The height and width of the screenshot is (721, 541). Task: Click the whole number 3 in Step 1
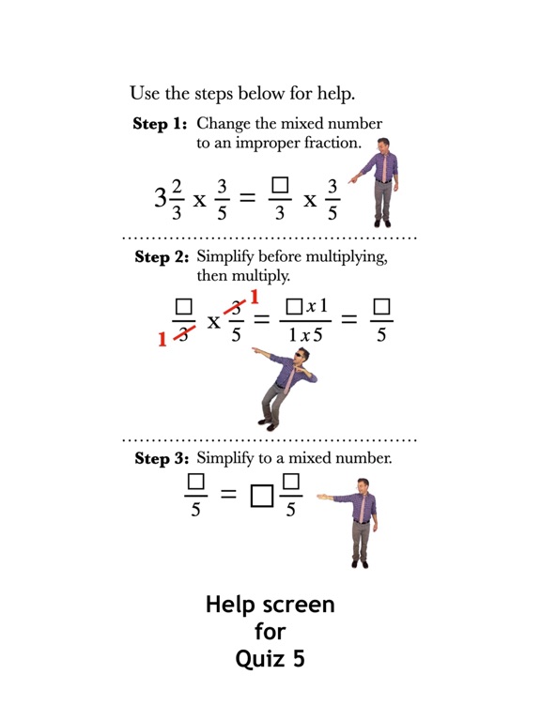tap(161, 198)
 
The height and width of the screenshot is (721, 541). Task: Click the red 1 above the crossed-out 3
tap(254, 299)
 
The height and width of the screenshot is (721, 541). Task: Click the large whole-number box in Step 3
tap(261, 495)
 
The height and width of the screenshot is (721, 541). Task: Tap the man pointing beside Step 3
tap(358, 521)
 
